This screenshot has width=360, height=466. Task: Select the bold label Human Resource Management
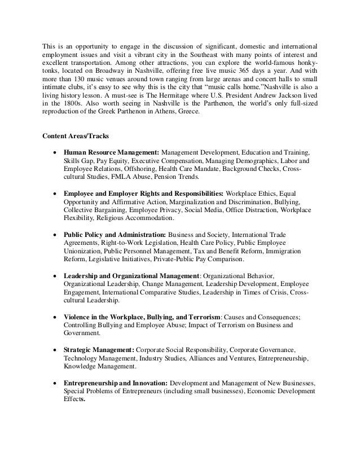[112, 153]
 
